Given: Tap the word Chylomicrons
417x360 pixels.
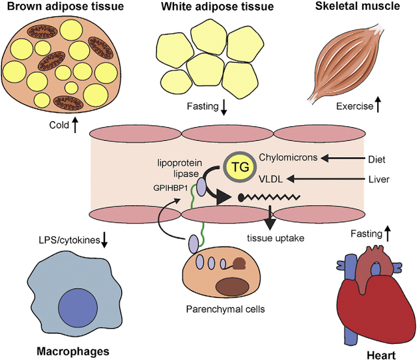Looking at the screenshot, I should [288, 157].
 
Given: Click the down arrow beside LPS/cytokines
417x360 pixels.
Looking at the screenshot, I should [105, 241].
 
